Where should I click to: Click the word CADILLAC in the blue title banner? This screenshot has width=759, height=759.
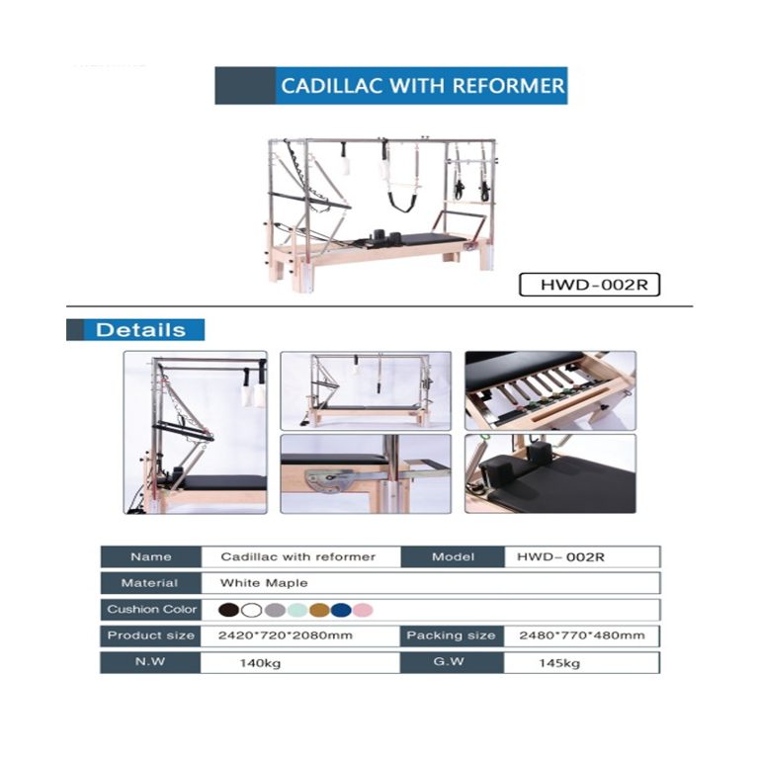click(x=332, y=86)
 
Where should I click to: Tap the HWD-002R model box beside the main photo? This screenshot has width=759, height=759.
click(x=589, y=285)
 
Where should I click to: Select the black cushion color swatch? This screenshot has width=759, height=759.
click(x=228, y=610)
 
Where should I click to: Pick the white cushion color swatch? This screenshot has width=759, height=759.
click(x=251, y=610)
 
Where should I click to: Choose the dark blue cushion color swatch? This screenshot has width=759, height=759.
click(x=341, y=610)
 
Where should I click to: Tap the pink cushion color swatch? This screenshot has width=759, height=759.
click(x=363, y=610)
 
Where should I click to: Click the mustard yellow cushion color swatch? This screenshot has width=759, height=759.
click(x=319, y=610)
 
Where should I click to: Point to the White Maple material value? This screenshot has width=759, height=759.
click(x=264, y=583)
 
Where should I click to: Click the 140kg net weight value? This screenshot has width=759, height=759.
click(x=260, y=663)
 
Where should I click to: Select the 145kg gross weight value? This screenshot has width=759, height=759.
click(x=559, y=663)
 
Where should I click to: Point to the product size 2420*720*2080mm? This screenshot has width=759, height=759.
click(x=285, y=635)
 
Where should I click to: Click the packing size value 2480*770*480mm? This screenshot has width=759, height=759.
click(x=582, y=635)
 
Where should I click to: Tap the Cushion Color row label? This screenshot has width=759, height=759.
click(x=151, y=610)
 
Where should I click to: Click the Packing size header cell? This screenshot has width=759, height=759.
click(x=451, y=635)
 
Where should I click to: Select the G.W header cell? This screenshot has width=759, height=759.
click(x=451, y=662)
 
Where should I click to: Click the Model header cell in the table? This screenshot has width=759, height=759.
click(x=453, y=556)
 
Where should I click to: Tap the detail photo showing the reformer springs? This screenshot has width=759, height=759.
click(x=550, y=390)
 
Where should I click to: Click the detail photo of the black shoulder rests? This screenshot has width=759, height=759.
click(x=550, y=473)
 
